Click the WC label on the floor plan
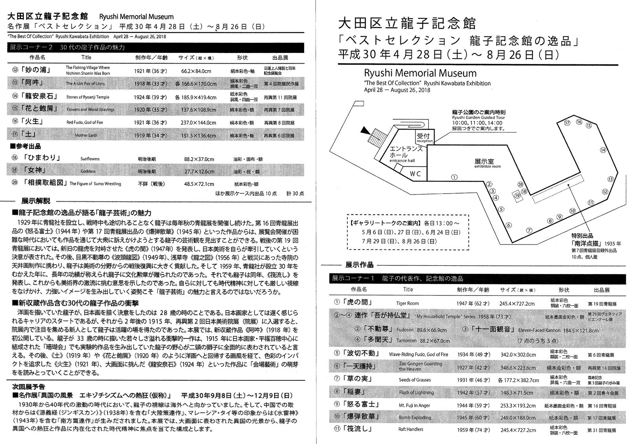coord(415,173)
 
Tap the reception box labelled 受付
coord(423,137)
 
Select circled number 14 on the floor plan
coord(603,150)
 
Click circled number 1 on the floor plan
coord(454,177)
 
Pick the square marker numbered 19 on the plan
coord(517,195)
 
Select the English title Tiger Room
coord(407,303)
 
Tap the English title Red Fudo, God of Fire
coord(85,122)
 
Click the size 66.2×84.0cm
coord(196,71)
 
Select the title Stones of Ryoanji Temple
coord(88,97)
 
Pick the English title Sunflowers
coord(90,159)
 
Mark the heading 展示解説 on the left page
coord(36,201)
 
